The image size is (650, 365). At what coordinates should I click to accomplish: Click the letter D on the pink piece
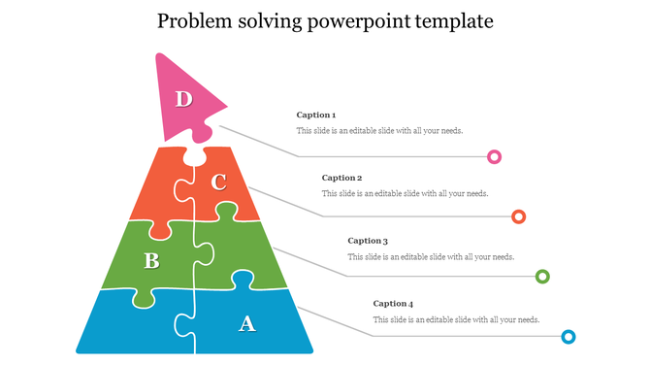pos(183,98)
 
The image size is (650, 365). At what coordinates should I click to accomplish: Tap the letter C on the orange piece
pos(219,182)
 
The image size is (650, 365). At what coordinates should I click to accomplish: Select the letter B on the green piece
pos(151,260)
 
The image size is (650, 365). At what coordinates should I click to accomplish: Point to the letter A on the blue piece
pos(247,323)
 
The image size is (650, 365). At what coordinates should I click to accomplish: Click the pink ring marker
pos(494,156)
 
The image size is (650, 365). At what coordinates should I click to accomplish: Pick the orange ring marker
pos(519,216)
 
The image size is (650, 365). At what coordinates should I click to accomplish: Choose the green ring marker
pos(543,277)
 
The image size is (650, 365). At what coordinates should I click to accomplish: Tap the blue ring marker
pos(569,337)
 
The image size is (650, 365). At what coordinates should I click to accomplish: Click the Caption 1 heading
pos(316,116)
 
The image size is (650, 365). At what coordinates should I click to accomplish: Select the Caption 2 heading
pos(341,178)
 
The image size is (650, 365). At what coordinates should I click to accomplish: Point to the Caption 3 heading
pos(368,241)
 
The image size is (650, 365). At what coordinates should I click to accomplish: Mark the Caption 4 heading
pos(393,304)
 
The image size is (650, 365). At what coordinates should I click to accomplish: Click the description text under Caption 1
pos(379,131)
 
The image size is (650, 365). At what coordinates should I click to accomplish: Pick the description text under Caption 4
pos(456,319)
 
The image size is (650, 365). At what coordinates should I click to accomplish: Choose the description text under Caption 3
pos(431,257)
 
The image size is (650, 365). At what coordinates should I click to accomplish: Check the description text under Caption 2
pos(405,193)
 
